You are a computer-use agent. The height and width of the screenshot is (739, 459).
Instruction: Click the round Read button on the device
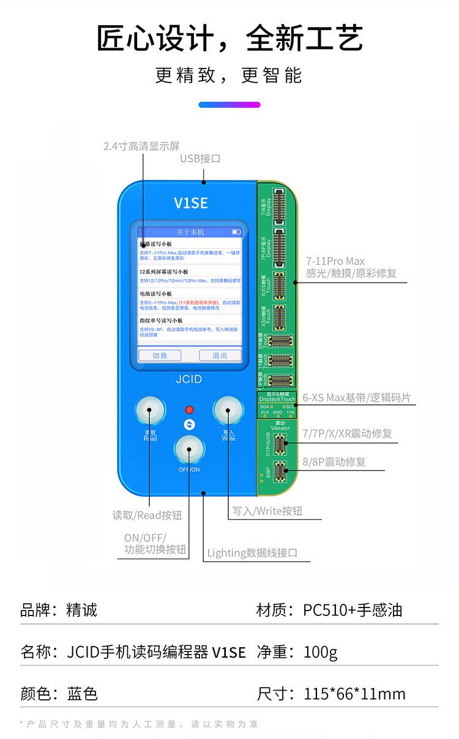[151, 410]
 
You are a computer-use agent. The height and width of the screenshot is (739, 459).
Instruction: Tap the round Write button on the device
[228, 410]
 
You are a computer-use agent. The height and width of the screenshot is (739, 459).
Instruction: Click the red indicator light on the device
[189, 409]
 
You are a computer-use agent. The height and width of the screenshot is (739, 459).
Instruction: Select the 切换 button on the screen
[159, 355]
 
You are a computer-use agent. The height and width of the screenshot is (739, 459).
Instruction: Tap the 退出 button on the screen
[220, 355]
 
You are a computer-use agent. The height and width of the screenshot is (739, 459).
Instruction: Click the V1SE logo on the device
[191, 203]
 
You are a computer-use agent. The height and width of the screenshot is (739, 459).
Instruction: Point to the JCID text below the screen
[188, 379]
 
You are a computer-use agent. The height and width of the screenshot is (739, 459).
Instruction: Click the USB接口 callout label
[200, 158]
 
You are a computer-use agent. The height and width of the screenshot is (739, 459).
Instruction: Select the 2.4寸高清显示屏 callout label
[141, 146]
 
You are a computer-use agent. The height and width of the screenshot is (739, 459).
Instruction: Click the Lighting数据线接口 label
[252, 553]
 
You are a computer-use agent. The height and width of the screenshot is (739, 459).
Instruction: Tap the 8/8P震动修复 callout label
[334, 462]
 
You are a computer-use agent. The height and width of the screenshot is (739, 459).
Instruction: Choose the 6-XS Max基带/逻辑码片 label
[356, 398]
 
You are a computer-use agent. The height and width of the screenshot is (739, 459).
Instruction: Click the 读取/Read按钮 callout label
[147, 515]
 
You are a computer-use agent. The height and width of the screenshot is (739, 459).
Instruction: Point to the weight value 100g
[321, 652]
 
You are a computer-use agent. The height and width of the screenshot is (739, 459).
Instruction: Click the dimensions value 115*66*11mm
[354, 694]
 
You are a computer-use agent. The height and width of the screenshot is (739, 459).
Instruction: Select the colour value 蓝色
[83, 694]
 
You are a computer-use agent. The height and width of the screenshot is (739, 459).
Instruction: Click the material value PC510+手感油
[353, 610]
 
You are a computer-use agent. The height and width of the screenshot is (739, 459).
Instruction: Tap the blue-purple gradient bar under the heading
[229, 105]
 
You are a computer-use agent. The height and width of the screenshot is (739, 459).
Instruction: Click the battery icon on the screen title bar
[236, 232]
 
